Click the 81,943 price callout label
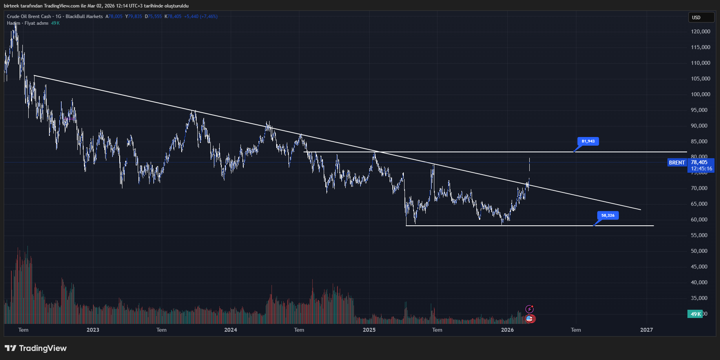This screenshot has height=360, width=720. pyautogui.click(x=588, y=141)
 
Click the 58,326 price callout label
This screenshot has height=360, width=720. pyautogui.click(x=607, y=216)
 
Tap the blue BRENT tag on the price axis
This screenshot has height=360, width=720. pyautogui.click(x=677, y=163)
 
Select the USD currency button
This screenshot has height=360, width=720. pyautogui.click(x=701, y=17)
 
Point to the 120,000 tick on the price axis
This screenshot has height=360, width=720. pyautogui.click(x=700, y=31)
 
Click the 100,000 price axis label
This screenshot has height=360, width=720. pyautogui.click(x=700, y=94)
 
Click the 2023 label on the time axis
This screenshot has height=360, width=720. pyautogui.click(x=93, y=330)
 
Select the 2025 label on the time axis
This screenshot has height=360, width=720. pyautogui.click(x=369, y=330)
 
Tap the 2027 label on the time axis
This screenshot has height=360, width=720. pyautogui.click(x=646, y=330)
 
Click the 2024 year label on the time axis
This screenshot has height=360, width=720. pyautogui.click(x=230, y=330)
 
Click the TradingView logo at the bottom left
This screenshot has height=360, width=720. pyautogui.click(x=35, y=348)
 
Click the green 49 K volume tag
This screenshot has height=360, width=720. pyautogui.click(x=695, y=314)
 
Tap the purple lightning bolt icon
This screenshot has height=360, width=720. pyautogui.click(x=529, y=309)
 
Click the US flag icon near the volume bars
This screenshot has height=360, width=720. pyautogui.click(x=529, y=319)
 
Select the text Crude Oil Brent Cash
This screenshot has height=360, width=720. pyautogui.click(x=29, y=16)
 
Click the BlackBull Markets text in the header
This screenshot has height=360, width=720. pyautogui.click(x=84, y=16)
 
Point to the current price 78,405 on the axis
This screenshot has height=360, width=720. pyautogui.click(x=699, y=162)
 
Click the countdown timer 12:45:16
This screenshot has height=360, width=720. pyautogui.click(x=701, y=169)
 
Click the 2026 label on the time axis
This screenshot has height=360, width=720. pyautogui.click(x=507, y=330)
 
